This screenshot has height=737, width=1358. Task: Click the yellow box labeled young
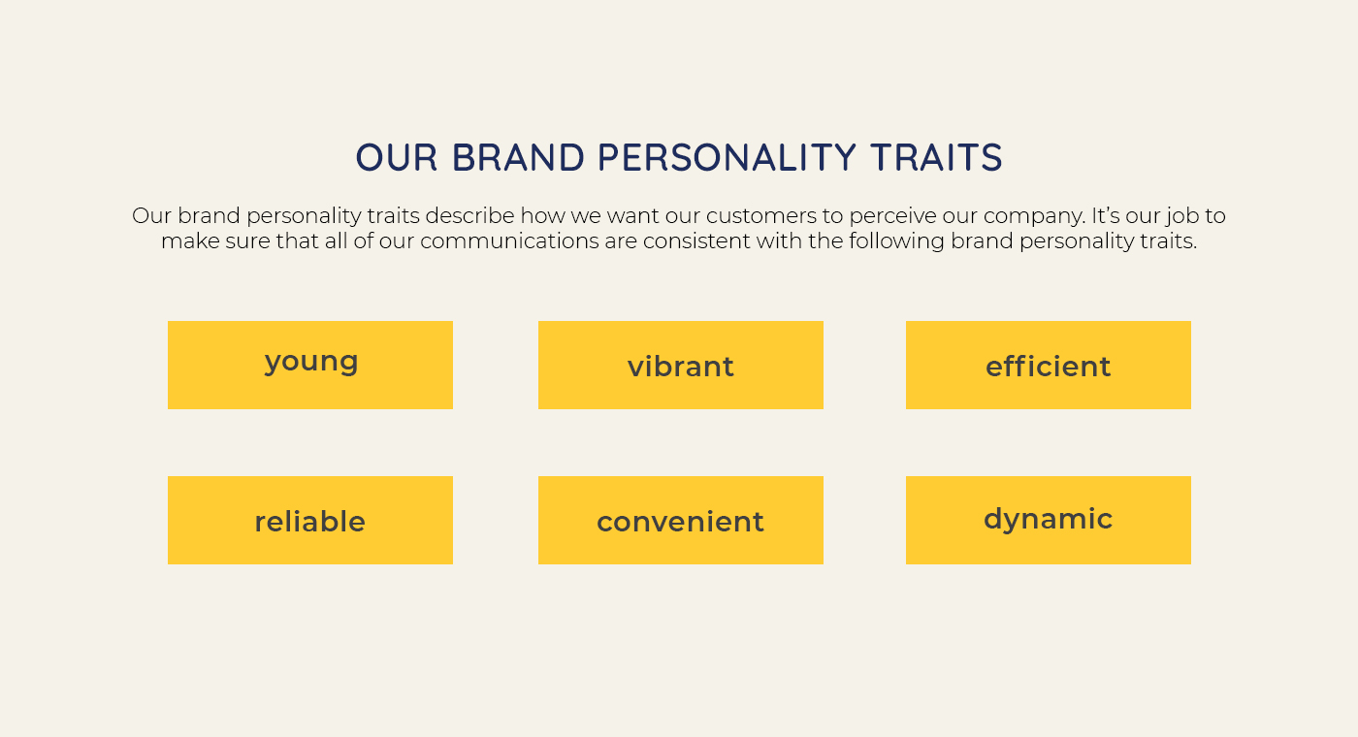(x=310, y=365)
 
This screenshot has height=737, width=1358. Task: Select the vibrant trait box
(x=681, y=365)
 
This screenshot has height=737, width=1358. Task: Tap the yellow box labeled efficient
(x=1049, y=365)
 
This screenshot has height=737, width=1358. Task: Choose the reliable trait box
(x=310, y=520)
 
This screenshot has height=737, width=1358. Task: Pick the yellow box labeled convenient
(x=681, y=520)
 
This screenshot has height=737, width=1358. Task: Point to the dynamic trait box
(x=1049, y=520)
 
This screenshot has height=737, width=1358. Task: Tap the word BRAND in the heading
(x=518, y=157)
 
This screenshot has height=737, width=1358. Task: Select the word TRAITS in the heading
(x=937, y=157)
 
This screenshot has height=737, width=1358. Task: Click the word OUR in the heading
(x=397, y=157)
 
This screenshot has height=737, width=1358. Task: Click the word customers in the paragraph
(x=761, y=216)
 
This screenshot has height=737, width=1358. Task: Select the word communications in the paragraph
(x=509, y=241)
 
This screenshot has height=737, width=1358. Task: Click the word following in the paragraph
(x=896, y=242)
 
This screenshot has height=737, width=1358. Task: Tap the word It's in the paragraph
(x=1106, y=215)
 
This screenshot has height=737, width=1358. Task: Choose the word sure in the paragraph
(x=248, y=241)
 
